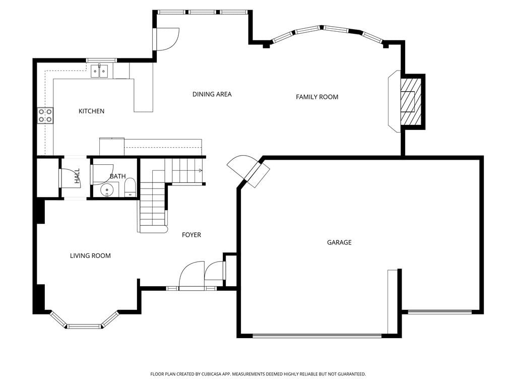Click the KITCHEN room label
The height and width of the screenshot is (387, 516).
pos(92,111)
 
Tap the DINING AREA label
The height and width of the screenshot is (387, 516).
pos(212,94)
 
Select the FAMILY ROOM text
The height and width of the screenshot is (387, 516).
pos(317,97)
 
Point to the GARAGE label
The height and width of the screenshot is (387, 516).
pos(339,242)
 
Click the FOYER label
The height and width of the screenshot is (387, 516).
pos(191,235)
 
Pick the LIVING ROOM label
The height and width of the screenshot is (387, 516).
pos(90,255)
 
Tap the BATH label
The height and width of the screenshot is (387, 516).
pos(117,176)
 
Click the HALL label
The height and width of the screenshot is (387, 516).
pos(77,176)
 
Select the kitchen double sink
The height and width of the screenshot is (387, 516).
pos(99,71)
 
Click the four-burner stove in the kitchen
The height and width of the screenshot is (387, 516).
pos(45,115)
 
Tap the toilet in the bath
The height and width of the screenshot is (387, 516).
pos(131,188)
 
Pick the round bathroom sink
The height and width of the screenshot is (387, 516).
pos(107,190)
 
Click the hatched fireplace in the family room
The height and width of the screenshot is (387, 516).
pos(411,101)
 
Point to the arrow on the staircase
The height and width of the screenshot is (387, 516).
pos(201,170)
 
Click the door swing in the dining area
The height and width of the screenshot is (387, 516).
pos(167,39)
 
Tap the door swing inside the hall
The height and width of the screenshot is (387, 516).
pos(70,178)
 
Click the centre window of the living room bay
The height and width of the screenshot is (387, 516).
pos(84,327)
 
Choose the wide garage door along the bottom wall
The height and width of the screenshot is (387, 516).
pos(316,336)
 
